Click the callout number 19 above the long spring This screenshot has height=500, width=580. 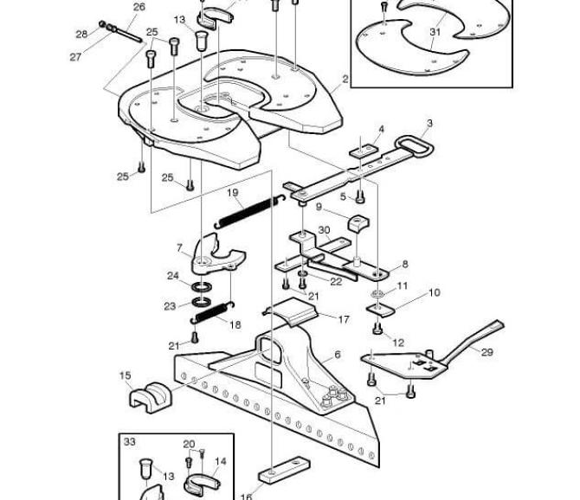tap(233, 193)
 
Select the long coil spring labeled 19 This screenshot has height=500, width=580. tap(249, 211)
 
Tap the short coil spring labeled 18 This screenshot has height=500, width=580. tap(212, 313)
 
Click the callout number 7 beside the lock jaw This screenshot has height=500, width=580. tap(180, 247)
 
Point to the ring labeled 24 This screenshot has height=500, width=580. tap(202, 286)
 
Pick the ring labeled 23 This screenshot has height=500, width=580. tap(202, 302)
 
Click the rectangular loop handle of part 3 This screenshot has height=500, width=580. tap(415, 147)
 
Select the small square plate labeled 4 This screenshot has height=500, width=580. tap(364, 151)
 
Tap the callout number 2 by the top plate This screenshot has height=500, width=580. tap(345, 79)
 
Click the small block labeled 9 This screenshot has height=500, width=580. tap(358, 223)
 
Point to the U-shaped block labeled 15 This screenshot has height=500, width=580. tap(151, 397)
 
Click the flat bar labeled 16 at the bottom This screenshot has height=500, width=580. tap(284, 471)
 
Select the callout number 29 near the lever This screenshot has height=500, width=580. tap(487, 352)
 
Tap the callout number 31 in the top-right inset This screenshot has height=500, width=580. tap(435, 32)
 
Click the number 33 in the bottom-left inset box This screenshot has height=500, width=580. tap(130, 442)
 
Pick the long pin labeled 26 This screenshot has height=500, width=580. tap(126, 34)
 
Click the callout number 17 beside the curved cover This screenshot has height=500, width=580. tap(344, 319)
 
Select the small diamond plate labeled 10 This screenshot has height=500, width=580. tap(380, 310)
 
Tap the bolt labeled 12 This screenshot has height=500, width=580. tap(377, 328)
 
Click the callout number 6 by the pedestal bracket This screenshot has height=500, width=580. tap(338, 355)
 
